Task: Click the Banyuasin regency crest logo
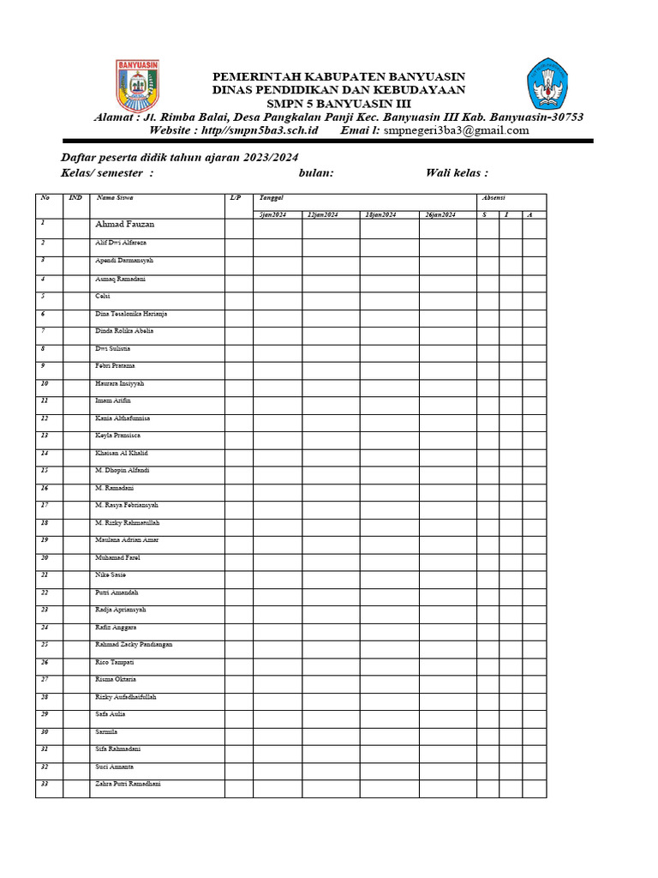(137, 85)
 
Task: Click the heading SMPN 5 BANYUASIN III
(339, 104)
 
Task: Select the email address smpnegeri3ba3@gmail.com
(456, 130)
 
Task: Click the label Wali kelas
(457, 173)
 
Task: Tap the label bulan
(316, 173)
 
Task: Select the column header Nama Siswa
(114, 198)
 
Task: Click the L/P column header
(236, 198)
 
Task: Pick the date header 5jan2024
(273, 213)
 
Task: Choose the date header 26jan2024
(440, 213)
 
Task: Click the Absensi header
(494, 198)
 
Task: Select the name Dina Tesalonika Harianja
(131, 314)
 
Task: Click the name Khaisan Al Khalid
(122, 453)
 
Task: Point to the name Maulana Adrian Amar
(127, 540)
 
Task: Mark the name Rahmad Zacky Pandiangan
(134, 644)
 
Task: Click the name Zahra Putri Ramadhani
(128, 784)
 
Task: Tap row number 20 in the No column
(45, 557)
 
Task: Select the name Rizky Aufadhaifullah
(126, 697)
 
